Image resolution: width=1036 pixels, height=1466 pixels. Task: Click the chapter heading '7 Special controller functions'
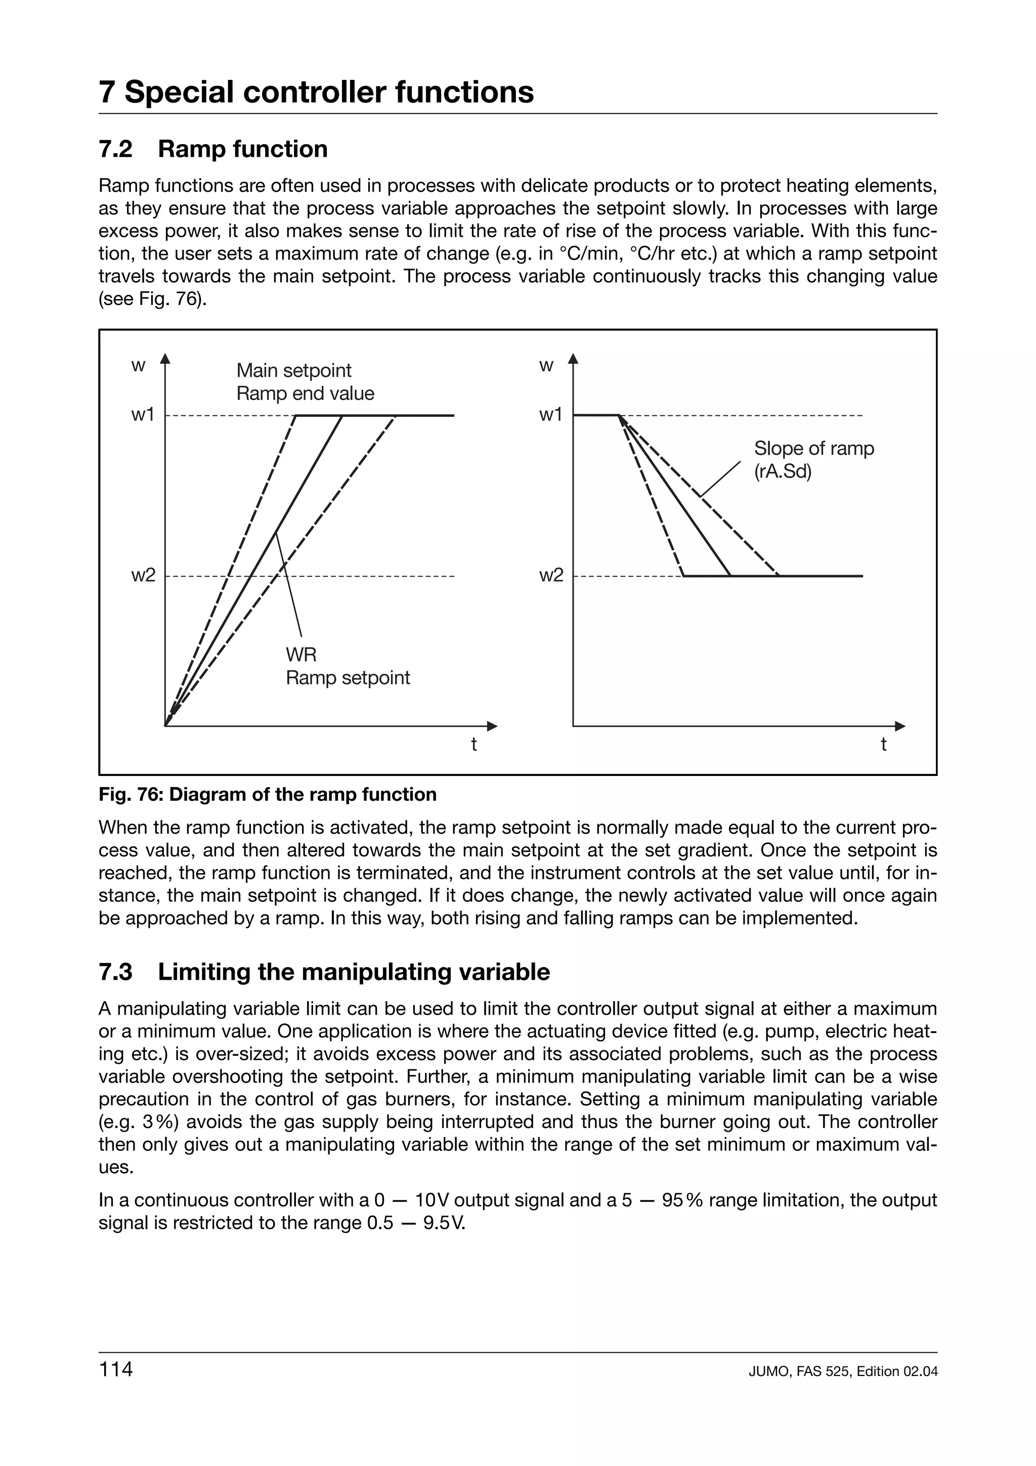pyautogui.click(x=316, y=92)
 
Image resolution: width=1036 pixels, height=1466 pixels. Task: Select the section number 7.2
pyautogui.click(x=115, y=149)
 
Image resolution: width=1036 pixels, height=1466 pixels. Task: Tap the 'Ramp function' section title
pyautogui.click(x=243, y=149)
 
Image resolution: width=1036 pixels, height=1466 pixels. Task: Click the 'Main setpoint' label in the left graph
pyautogui.click(x=293, y=370)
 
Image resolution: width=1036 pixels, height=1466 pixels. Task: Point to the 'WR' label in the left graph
pyautogui.click(x=300, y=655)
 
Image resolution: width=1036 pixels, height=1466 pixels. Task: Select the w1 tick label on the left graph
pyautogui.click(x=143, y=415)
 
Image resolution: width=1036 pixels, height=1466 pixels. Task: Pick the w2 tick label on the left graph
pyautogui.click(x=143, y=576)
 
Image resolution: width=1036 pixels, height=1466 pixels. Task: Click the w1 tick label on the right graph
pyautogui.click(x=550, y=415)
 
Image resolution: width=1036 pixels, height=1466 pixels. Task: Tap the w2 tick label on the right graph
pyautogui.click(x=551, y=576)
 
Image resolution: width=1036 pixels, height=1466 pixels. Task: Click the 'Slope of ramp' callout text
pyautogui.click(x=814, y=448)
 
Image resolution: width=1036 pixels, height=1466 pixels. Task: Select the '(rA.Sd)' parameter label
pyautogui.click(x=783, y=472)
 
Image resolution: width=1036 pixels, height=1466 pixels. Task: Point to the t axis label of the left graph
pyautogui.click(x=473, y=745)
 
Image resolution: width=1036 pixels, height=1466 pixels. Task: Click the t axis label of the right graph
pyautogui.click(x=883, y=745)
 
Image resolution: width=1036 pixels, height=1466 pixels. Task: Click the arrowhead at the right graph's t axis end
pyautogui.click(x=900, y=726)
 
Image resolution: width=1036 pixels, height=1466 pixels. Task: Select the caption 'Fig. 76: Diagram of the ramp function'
pyautogui.click(x=268, y=794)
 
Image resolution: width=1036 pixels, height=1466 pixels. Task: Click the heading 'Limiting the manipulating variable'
pyautogui.click(x=354, y=972)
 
